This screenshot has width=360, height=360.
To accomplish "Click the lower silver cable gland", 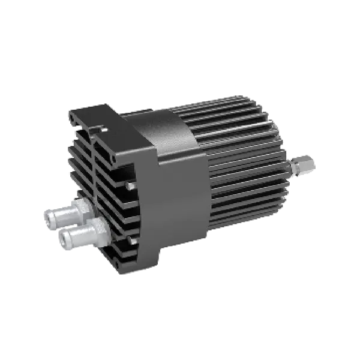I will point(78,237).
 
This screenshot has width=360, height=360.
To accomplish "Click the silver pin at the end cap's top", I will point(104,130).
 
